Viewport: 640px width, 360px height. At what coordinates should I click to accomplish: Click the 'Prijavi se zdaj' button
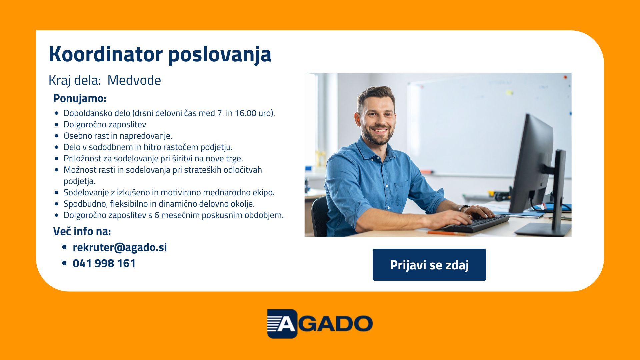(x=429, y=265)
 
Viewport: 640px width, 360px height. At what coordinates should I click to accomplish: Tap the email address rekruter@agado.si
(x=120, y=247)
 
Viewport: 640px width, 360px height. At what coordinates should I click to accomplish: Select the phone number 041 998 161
(x=104, y=263)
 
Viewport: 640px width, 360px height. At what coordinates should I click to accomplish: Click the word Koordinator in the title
(x=106, y=54)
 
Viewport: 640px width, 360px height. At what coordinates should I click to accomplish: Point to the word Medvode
(x=134, y=80)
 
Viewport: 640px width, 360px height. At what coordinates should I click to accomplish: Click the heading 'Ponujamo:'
(x=80, y=99)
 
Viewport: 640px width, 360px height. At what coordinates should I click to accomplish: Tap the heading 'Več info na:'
(x=82, y=231)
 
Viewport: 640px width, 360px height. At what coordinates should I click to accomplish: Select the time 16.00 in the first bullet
(x=246, y=113)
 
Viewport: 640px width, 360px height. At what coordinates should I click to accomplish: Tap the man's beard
(x=377, y=135)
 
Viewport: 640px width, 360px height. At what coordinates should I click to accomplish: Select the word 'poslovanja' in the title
(x=220, y=55)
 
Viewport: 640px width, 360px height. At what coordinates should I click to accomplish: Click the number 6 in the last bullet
(x=157, y=215)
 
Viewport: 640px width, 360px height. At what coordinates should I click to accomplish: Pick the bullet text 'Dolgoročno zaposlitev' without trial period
(x=105, y=125)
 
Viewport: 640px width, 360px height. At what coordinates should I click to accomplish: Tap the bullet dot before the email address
(x=64, y=247)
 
